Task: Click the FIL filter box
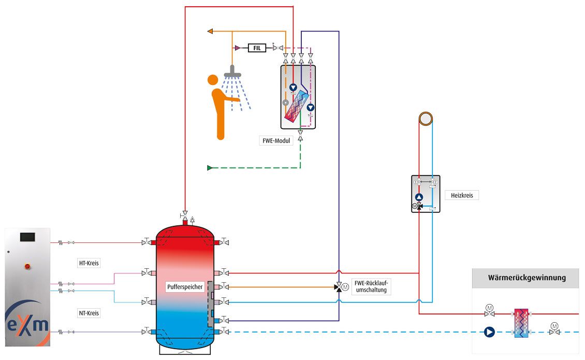(257, 48)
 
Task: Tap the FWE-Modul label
(276, 141)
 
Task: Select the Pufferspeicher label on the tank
(185, 287)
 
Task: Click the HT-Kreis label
(89, 263)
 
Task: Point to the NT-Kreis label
(89, 313)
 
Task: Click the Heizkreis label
(462, 195)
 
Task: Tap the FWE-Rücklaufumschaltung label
(371, 286)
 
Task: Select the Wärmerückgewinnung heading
(527, 278)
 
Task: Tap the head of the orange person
(213, 80)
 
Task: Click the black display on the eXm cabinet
(27, 236)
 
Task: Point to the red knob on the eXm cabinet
(27, 266)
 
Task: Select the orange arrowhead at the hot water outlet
(210, 32)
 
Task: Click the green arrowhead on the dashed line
(210, 168)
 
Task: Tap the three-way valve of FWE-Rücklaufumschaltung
(339, 287)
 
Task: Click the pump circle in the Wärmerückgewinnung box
(489, 332)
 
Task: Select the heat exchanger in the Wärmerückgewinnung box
(521, 323)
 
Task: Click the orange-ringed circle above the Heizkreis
(426, 119)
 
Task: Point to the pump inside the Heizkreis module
(419, 197)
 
